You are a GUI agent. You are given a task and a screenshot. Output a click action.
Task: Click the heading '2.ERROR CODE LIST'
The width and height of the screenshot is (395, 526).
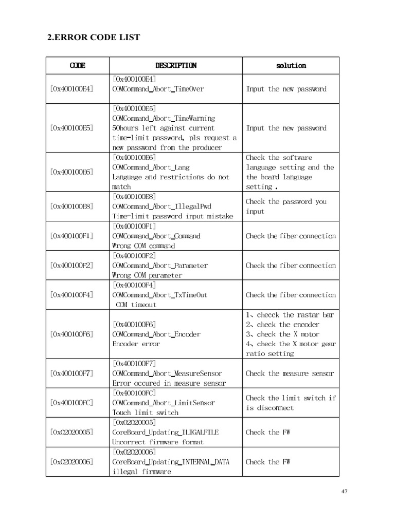94,37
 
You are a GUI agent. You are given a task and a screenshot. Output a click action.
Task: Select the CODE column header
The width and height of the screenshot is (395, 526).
77,65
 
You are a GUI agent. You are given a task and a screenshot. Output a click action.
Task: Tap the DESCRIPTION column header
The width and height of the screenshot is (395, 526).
175,65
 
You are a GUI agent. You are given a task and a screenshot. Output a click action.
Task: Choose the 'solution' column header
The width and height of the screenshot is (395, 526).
291,65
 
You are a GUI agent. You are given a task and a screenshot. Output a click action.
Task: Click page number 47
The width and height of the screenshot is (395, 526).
345,492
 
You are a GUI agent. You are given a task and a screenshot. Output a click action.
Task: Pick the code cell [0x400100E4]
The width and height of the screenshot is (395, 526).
72,89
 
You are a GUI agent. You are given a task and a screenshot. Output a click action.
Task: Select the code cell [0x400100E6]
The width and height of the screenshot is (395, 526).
72,172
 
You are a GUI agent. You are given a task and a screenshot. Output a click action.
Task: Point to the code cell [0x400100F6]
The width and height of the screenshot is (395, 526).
72,334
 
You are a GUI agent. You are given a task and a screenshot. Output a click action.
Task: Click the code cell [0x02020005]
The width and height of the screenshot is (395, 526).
72,433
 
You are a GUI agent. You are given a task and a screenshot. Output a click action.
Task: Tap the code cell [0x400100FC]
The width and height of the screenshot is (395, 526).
72,403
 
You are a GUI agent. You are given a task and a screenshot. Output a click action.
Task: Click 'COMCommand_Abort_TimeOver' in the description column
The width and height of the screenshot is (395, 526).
158,89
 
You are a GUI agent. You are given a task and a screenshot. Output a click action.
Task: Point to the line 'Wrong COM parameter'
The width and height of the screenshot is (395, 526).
147,275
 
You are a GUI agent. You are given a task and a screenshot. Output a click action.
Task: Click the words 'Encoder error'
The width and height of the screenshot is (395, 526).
136,344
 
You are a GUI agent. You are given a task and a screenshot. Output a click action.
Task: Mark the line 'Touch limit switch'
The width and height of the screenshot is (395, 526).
145,412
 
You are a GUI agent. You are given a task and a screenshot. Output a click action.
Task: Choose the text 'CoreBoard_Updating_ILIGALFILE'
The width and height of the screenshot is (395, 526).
165,433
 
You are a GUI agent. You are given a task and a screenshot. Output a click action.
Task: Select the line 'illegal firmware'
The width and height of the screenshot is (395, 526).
141,472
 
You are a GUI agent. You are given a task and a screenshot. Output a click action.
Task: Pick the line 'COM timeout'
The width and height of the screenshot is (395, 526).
136,305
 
